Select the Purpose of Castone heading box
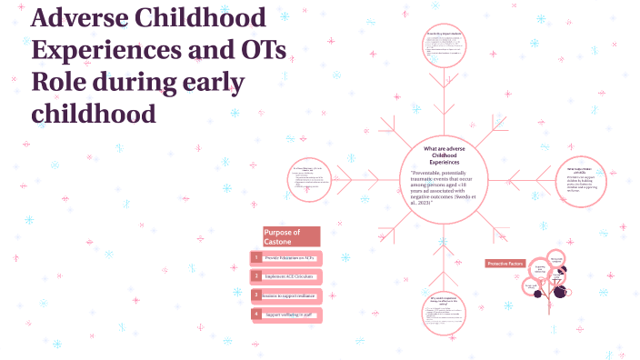(291, 236)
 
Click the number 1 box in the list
(257, 258)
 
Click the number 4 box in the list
(257, 314)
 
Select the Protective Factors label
(505, 264)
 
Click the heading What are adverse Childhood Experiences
(444, 155)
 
